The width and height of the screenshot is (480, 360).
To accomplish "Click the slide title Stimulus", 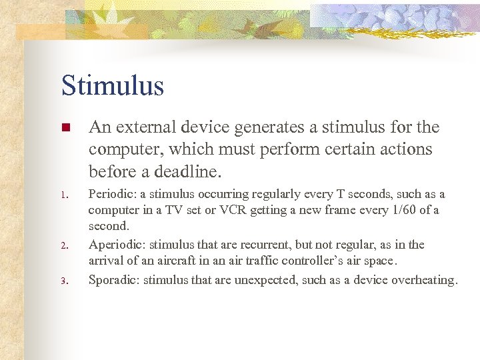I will pyautogui.click(x=112, y=86).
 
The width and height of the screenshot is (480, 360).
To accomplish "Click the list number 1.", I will pyautogui.click(x=65, y=195).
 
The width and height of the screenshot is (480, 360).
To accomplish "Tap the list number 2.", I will pyautogui.click(x=65, y=246).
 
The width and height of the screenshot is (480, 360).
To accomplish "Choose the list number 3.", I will pyautogui.click(x=65, y=281).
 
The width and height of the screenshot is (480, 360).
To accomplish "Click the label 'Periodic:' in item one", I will pyautogui.click(x=111, y=194).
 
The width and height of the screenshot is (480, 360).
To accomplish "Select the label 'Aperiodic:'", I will pyautogui.click(x=115, y=245).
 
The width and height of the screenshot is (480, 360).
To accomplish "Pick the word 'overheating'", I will pyautogui.click(x=423, y=279).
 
